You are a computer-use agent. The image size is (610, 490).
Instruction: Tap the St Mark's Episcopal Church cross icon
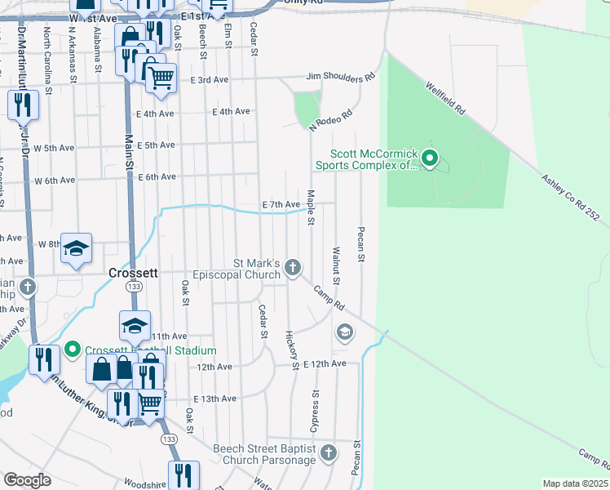click(293, 268)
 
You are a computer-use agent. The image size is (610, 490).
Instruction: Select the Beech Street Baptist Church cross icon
click(329, 452)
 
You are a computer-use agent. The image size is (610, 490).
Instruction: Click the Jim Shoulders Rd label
click(340, 78)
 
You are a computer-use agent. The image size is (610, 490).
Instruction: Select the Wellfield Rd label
click(444, 96)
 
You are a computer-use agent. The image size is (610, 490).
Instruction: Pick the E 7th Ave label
click(282, 204)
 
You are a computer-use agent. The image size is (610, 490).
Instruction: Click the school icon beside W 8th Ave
click(76, 248)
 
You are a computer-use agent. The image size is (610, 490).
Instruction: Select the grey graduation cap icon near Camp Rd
click(345, 332)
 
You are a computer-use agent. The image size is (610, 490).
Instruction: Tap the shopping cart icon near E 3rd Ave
click(161, 77)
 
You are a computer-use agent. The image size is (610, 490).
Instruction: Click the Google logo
click(28, 480)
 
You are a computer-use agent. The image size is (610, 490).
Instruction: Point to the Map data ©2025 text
click(574, 483)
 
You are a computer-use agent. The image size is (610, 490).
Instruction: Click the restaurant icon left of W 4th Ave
click(22, 105)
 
